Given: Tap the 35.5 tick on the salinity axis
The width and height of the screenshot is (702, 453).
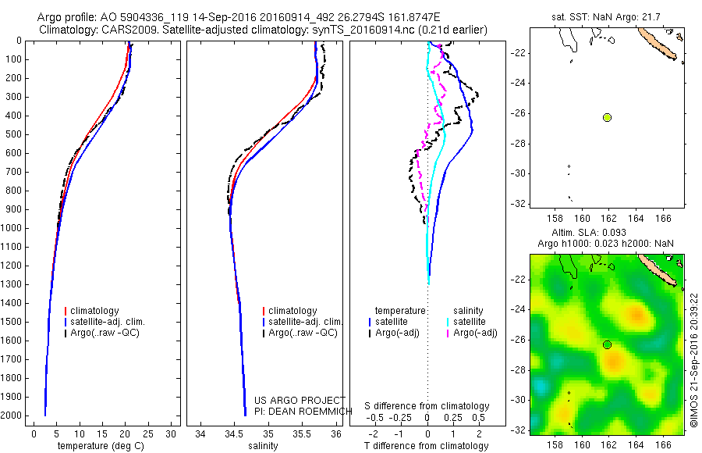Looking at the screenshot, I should click(x=302, y=433).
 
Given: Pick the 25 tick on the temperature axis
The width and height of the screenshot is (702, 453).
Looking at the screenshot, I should click(x=148, y=433).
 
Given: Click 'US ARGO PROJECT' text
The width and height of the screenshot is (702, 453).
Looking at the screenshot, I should click(x=300, y=401).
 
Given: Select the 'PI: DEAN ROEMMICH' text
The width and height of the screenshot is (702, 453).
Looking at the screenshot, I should click(x=300, y=411).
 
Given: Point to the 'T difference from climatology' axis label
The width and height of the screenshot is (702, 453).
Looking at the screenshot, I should click(x=427, y=446).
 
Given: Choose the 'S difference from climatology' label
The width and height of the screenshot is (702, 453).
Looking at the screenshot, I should click(x=427, y=406).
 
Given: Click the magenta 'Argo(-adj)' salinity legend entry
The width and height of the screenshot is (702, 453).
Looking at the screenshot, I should click(x=475, y=334).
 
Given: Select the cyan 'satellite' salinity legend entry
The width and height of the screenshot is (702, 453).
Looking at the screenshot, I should click(x=469, y=322).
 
